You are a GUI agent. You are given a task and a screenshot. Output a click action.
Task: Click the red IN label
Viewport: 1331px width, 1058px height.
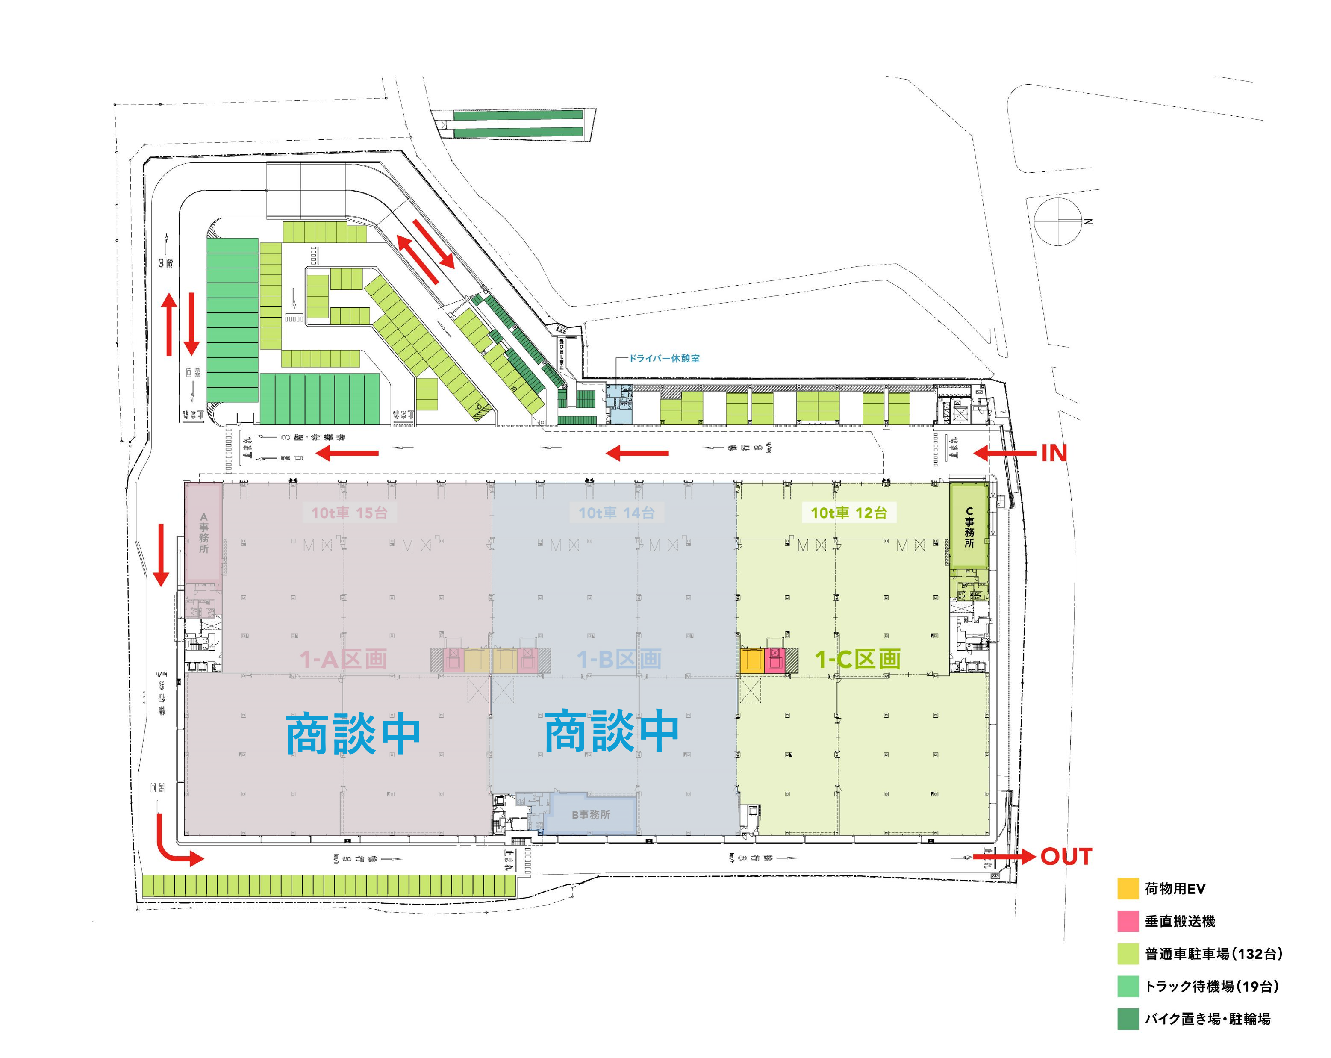[x=1054, y=454]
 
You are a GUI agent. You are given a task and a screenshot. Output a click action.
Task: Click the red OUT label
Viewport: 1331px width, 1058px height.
[x=1066, y=857]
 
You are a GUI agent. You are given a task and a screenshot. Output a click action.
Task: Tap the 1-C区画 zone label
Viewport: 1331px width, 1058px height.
[x=857, y=659]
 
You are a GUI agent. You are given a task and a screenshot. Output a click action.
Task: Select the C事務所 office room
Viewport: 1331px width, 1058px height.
[x=969, y=527]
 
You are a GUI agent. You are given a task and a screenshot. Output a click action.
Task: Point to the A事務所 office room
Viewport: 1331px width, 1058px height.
[x=204, y=532]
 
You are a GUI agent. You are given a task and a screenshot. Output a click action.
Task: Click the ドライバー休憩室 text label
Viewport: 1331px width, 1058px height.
[x=664, y=359]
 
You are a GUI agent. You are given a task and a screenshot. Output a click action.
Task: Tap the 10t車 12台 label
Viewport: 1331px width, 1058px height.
[x=849, y=513]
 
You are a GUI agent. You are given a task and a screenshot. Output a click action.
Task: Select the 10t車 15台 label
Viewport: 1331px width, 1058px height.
[x=349, y=513]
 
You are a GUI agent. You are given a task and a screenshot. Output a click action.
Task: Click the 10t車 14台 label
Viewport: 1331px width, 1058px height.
[x=616, y=513]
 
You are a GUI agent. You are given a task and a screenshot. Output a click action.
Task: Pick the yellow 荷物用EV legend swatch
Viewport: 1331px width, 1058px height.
[x=1127, y=888]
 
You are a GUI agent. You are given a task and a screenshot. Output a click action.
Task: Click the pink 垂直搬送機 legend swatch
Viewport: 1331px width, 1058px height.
[x=1127, y=921]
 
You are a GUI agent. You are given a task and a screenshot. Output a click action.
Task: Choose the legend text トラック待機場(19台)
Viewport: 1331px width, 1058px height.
[x=1211, y=986]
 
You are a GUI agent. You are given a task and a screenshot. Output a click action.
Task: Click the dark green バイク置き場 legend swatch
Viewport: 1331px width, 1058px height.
[x=1127, y=1019]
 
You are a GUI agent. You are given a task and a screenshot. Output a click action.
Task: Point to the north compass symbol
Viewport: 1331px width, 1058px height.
[x=1059, y=221]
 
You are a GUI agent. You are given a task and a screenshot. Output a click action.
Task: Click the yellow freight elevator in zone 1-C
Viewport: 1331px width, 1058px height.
[x=752, y=660]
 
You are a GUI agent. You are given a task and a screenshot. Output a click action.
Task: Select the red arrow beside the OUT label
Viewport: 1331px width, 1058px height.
[x=1004, y=857]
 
